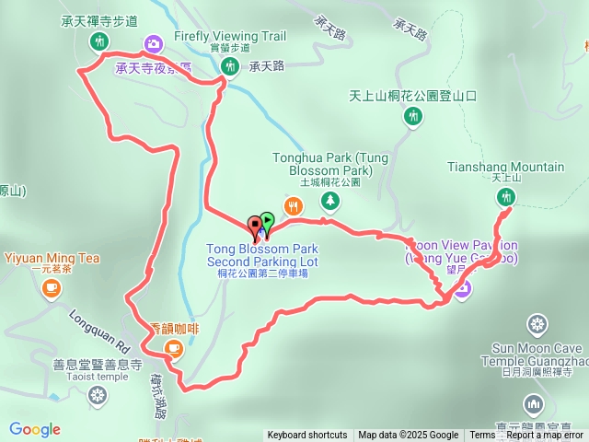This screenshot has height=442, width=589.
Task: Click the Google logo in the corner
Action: [x=35, y=429]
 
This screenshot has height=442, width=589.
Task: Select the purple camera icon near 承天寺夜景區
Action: [x=153, y=43]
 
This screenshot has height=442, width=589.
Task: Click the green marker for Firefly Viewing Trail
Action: [x=229, y=65]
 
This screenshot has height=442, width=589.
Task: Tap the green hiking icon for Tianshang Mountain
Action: [x=505, y=197]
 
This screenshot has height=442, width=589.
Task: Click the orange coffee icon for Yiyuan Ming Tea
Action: [x=52, y=287]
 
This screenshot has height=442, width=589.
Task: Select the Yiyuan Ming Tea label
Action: [x=51, y=258]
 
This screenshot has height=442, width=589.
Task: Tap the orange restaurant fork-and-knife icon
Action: [x=293, y=204]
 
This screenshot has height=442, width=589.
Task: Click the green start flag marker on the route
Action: [x=267, y=221]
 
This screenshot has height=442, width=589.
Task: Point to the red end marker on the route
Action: [x=255, y=224]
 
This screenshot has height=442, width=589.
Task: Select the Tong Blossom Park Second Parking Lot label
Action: [x=261, y=255]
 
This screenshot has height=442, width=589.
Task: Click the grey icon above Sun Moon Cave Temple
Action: [x=537, y=324]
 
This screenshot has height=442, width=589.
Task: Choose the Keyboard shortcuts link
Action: [x=307, y=436]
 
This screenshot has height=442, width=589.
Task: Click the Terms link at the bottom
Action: [x=482, y=436]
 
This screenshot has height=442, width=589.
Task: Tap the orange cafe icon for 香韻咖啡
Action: [x=173, y=347]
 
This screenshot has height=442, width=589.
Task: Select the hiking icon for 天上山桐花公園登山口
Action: [x=414, y=116]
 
